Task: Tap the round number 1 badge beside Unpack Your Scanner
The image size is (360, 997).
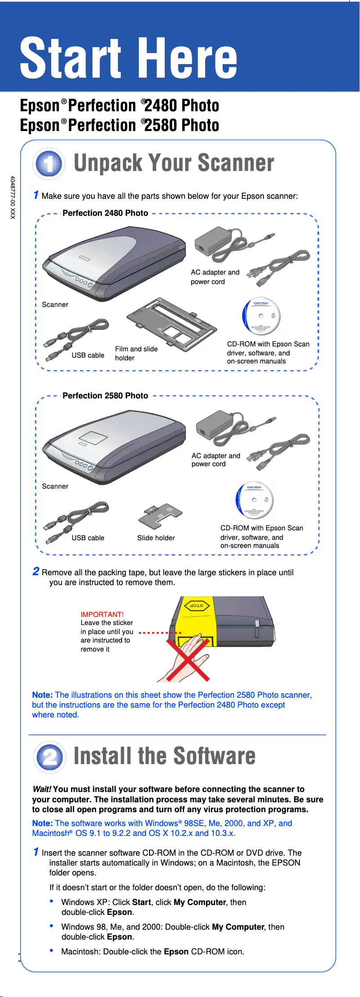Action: click(x=49, y=164)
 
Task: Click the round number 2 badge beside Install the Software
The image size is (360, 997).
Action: click(x=49, y=757)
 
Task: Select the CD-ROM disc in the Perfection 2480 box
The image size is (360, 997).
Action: click(x=261, y=316)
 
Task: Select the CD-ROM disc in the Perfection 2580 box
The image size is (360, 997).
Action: click(x=255, y=500)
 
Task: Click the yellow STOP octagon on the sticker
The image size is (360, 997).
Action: click(x=197, y=606)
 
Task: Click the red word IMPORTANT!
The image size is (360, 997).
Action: click(x=102, y=614)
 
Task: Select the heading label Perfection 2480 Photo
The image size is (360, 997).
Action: click(x=105, y=213)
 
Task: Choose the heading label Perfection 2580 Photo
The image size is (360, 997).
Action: click(x=105, y=396)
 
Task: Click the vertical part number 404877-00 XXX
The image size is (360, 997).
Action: click(x=13, y=197)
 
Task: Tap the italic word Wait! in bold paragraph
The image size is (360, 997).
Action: click(x=42, y=789)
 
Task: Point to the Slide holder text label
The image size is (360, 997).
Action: click(x=156, y=538)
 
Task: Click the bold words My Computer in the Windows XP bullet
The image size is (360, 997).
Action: click(x=200, y=902)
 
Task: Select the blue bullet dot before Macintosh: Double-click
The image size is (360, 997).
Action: click(x=52, y=950)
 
